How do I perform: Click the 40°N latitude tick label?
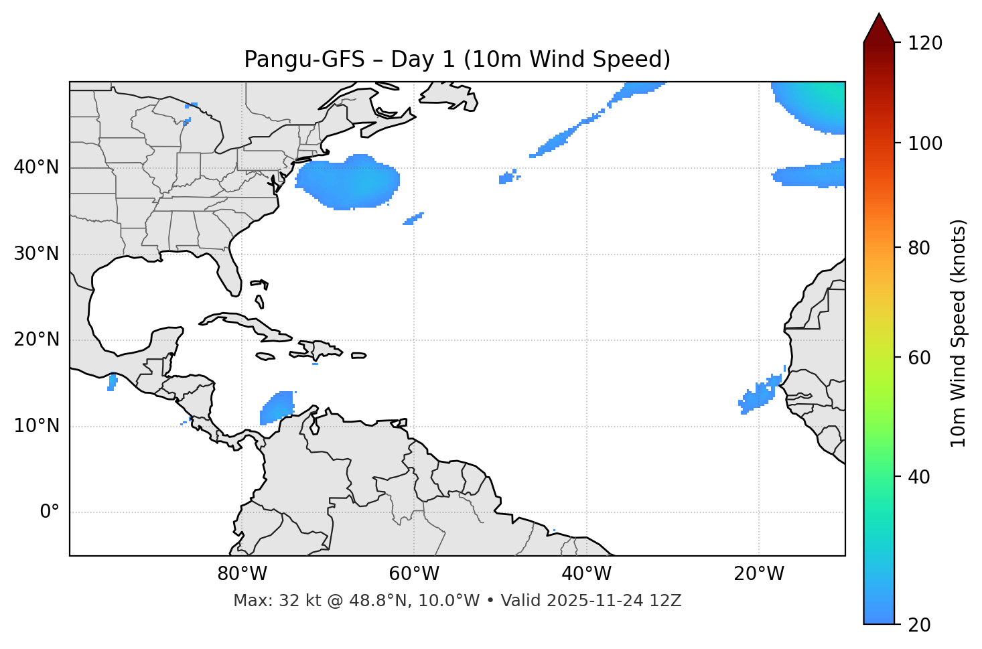36,167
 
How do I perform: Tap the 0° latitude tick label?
50,512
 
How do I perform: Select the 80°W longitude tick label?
242,574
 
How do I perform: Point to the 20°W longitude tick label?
759,574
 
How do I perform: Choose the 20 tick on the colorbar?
919,624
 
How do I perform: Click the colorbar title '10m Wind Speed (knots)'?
959,334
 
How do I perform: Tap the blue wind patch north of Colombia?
278,407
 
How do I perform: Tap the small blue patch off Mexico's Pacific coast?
112,382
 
